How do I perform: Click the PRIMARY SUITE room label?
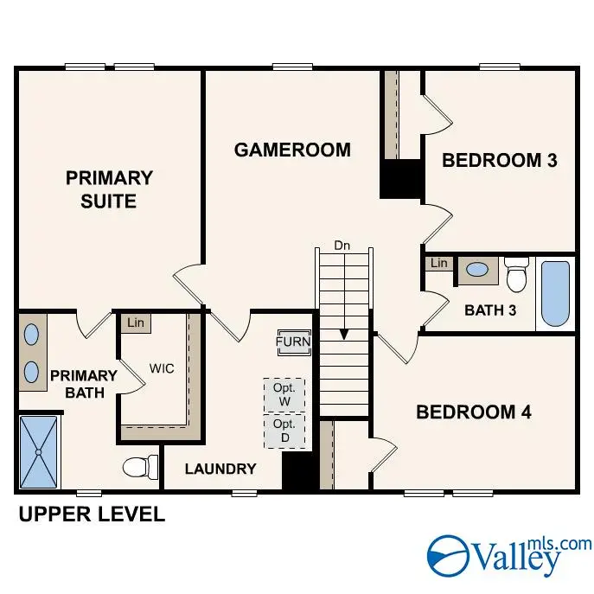pos(109,189)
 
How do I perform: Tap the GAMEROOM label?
pos(292,150)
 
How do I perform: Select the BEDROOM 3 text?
pos(499,160)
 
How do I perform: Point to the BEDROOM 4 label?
pos(473,412)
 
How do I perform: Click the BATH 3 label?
pos(490,310)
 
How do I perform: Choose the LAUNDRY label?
pos(221,469)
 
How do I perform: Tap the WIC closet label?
pos(162,368)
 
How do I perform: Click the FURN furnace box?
pos(293,342)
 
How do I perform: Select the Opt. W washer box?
pos(284,395)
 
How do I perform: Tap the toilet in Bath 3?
pos(517,276)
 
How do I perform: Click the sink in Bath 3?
pos(476,270)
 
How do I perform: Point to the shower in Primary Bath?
pos(39,450)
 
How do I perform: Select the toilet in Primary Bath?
pos(139,467)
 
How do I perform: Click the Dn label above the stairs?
pos(343,246)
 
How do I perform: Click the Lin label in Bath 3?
pos(439,263)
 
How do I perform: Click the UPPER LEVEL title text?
pos(92,515)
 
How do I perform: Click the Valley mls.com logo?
pos(510,554)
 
